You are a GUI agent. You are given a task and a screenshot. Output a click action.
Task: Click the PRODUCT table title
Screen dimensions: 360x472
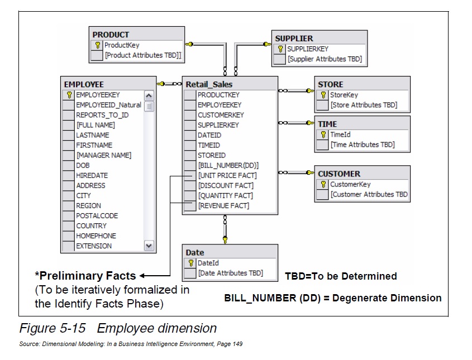tap(111, 35)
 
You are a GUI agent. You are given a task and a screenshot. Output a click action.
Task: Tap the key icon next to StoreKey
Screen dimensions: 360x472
tap(323, 95)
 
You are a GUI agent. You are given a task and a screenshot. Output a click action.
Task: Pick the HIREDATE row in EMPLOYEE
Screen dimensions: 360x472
tap(92, 175)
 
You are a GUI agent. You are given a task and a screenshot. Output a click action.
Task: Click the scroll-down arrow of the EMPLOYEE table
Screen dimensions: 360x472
tap(149, 246)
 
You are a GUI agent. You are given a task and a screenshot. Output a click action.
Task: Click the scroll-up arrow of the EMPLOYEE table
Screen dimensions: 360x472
tap(149, 95)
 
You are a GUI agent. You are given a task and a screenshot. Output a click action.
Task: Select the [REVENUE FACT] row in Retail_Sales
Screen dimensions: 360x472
tap(223, 205)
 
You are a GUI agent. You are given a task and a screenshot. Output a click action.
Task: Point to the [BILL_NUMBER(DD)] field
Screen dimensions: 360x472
tap(228, 165)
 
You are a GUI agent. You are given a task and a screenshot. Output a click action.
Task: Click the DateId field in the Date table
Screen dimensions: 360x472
tap(208, 263)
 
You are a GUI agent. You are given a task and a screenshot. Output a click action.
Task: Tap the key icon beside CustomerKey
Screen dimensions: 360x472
tap(323, 184)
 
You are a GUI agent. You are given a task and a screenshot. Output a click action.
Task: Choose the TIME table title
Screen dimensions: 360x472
tap(327, 124)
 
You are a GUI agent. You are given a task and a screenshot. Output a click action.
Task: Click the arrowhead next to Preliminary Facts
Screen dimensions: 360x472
tap(142, 275)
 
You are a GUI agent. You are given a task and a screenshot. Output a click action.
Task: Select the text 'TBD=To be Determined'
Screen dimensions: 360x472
tap(341, 276)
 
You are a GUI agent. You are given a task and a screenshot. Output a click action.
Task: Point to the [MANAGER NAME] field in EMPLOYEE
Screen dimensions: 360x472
tap(104, 155)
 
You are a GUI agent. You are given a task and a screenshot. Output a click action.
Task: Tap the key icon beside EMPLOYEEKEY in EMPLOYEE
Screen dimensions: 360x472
tap(69, 95)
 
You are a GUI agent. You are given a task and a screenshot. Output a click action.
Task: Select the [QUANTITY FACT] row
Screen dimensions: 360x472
tap(225, 195)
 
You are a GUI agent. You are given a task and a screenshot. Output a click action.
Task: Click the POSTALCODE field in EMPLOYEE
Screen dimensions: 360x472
tap(97, 215)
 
